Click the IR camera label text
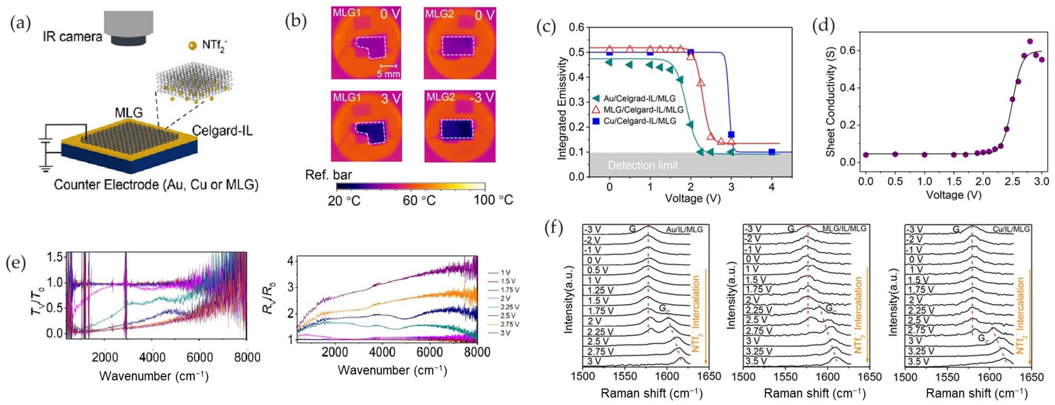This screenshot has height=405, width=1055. coord(72,37)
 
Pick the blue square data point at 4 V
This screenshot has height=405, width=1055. coord(772,152)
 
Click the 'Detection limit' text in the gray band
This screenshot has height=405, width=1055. coord(643,165)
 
